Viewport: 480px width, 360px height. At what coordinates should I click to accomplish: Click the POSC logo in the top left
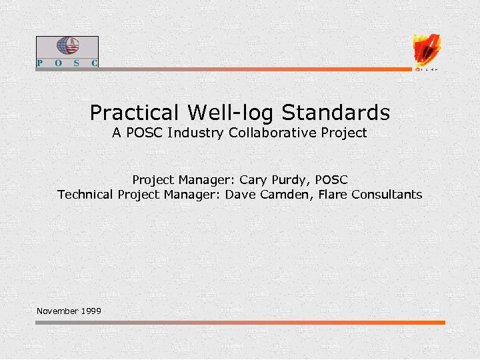pyautogui.click(x=67, y=52)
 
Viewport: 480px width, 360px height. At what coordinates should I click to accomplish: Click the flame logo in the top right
pyautogui.click(x=427, y=50)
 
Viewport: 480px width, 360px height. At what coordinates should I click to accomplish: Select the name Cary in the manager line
pyautogui.click(x=252, y=180)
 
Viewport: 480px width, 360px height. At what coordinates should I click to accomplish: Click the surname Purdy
pyautogui.click(x=289, y=180)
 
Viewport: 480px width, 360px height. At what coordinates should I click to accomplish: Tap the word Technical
pyautogui.click(x=86, y=195)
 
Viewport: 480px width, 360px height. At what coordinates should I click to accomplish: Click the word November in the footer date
pyautogui.click(x=58, y=311)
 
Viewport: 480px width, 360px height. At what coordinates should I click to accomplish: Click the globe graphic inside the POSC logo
pyautogui.click(x=67, y=46)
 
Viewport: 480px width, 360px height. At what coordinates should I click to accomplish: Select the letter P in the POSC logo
pyautogui.click(x=41, y=63)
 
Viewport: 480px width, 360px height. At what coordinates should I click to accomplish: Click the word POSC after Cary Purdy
pyautogui.click(x=331, y=180)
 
